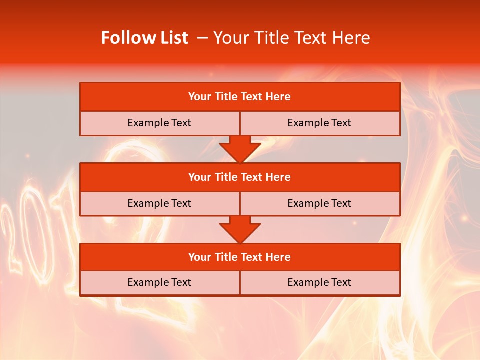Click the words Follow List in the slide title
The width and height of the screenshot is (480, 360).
[x=144, y=38]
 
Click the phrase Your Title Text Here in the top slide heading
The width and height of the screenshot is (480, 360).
[x=291, y=38]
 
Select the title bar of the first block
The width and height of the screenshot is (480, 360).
[x=240, y=97]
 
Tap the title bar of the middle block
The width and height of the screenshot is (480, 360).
[x=240, y=177]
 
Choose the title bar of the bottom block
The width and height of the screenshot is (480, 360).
[x=240, y=257]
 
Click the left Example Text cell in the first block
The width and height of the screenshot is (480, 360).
[x=159, y=123]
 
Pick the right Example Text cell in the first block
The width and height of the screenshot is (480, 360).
[x=319, y=123]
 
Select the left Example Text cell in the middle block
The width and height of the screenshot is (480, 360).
[x=159, y=203]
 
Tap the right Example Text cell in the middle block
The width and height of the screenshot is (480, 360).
[x=319, y=203]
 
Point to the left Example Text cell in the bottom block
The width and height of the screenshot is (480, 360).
[x=159, y=282]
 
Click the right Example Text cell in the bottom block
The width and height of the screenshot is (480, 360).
[x=319, y=282]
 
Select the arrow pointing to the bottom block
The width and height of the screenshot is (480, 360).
[x=240, y=229]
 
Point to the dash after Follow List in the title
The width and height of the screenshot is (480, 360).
[x=203, y=38]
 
